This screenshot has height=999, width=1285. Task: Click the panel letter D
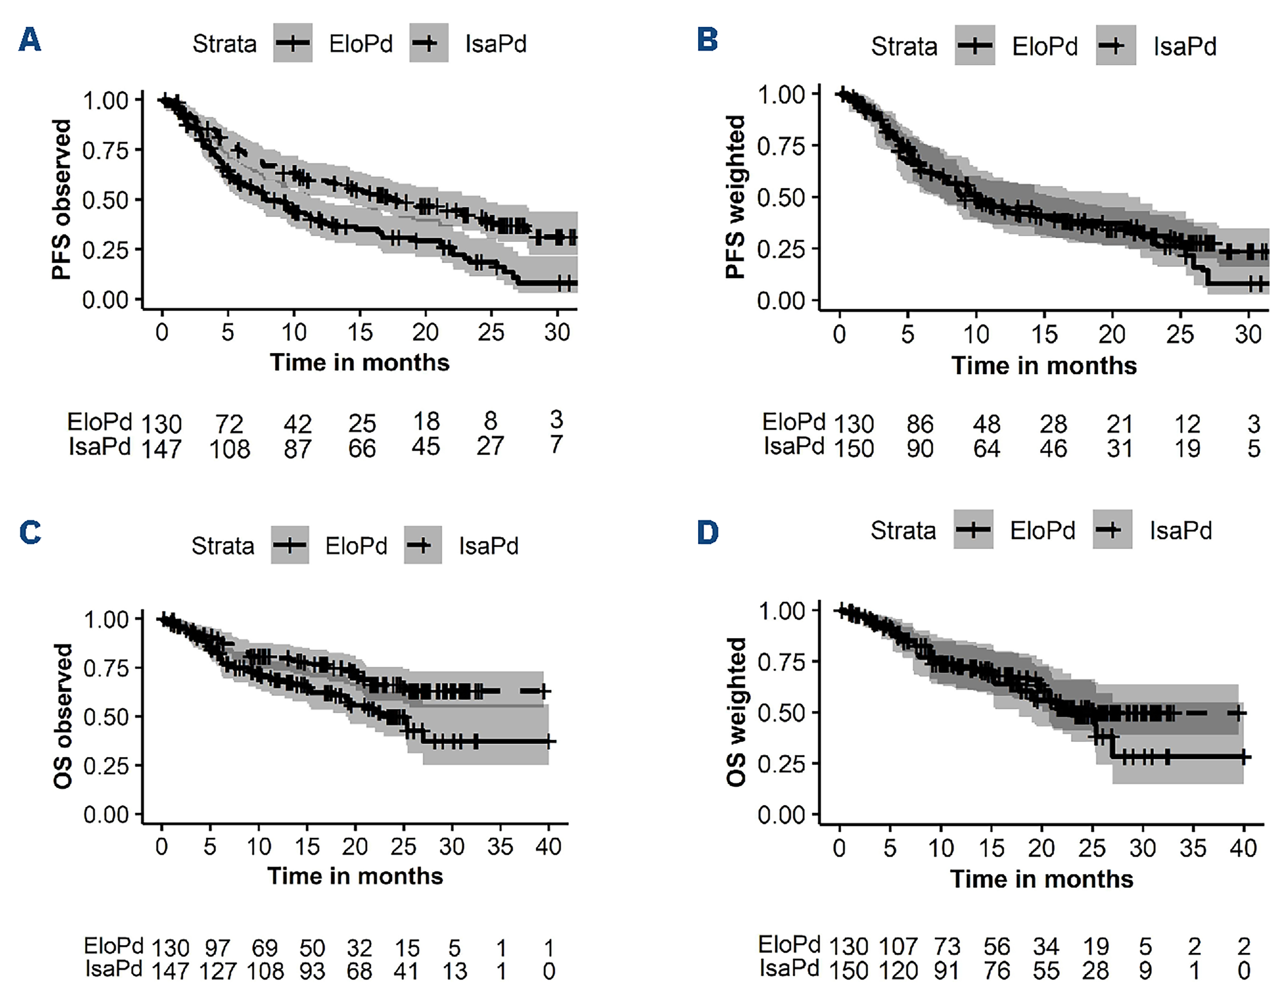(x=708, y=532)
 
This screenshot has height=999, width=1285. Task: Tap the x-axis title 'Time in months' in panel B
(x=1044, y=366)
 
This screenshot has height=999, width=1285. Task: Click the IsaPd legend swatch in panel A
(x=428, y=43)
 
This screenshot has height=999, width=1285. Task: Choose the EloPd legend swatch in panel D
(x=973, y=530)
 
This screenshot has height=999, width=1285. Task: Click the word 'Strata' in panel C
(x=222, y=546)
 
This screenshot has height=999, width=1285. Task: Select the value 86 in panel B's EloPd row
(x=920, y=424)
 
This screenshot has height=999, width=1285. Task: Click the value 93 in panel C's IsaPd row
(x=312, y=971)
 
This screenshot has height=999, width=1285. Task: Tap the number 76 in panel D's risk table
(x=997, y=971)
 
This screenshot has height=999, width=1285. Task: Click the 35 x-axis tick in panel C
(x=500, y=847)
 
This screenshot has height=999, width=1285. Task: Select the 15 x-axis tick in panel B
(x=1044, y=334)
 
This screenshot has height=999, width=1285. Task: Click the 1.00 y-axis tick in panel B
(x=781, y=94)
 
